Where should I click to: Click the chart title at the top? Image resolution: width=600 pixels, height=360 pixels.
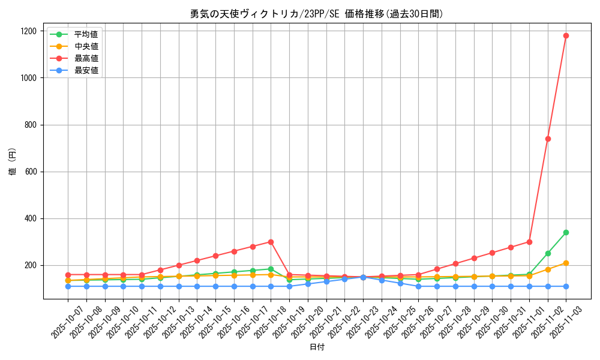click(317, 14)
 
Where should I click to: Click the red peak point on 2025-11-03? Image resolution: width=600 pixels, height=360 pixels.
click(566, 35)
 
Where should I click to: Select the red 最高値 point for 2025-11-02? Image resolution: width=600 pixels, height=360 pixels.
click(548, 139)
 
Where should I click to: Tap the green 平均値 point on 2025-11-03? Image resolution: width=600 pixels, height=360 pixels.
click(566, 232)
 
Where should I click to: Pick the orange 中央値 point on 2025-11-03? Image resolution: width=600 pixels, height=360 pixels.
click(566, 263)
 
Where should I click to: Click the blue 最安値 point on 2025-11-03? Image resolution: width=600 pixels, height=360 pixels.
click(566, 286)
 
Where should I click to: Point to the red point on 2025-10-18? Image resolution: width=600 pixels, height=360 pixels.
click(271, 242)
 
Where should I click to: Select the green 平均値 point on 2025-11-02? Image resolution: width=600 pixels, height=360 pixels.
click(548, 253)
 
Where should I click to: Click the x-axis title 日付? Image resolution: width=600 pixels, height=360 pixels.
click(317, 347)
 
